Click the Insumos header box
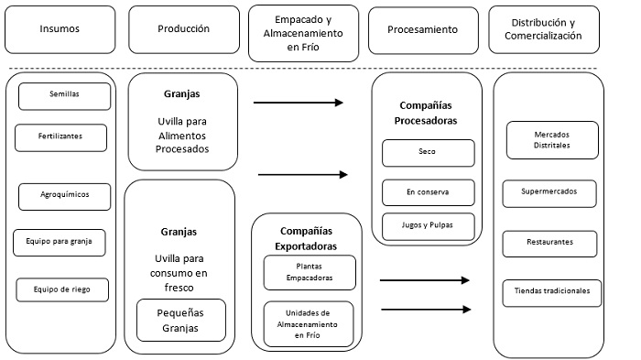coord(60,28)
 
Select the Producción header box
coord(183,28)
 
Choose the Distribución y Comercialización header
coord(548,28)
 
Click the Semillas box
coord(64,95)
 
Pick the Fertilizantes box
coord(61,136)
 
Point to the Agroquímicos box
coord(64,196)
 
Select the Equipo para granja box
coord(59,243)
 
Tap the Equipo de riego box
coord(64,289)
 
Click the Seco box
coord(428,152)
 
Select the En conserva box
coord(428,192)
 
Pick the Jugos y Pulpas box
coord(428,225)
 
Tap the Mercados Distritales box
coord(551,140)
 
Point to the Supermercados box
coord(549,193)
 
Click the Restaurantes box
coord(549,243)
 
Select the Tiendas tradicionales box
coord(551,292)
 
